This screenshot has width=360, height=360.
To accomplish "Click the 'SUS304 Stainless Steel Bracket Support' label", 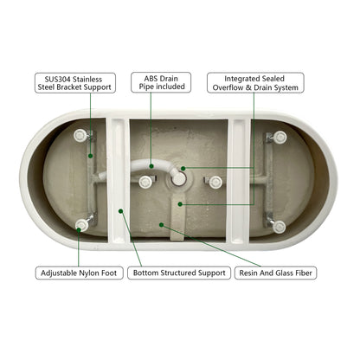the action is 75,83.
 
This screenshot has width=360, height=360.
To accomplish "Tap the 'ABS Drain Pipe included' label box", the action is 161,82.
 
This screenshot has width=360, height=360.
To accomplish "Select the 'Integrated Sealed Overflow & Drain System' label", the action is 255,83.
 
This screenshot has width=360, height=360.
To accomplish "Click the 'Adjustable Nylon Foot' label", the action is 79,273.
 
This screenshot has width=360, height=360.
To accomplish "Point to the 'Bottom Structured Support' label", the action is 179,273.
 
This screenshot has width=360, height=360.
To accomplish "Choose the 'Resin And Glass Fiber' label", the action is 276,273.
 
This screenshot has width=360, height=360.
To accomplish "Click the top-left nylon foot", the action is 80,135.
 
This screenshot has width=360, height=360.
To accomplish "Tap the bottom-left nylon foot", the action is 81,225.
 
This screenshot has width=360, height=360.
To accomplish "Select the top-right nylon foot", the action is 280,137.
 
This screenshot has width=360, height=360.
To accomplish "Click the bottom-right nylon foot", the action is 279,227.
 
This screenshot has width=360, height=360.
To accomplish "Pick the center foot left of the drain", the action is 145,182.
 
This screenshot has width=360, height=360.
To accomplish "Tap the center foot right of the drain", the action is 215,182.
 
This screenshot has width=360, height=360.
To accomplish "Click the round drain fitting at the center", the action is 179,179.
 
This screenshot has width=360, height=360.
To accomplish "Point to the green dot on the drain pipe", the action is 151,166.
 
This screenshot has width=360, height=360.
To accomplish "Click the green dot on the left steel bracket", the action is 91,156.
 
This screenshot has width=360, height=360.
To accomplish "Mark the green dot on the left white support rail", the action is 121,211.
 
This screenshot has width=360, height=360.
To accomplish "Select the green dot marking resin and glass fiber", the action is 162,225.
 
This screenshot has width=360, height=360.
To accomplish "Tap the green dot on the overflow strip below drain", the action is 180,204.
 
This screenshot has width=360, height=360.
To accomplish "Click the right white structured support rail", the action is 239,181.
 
